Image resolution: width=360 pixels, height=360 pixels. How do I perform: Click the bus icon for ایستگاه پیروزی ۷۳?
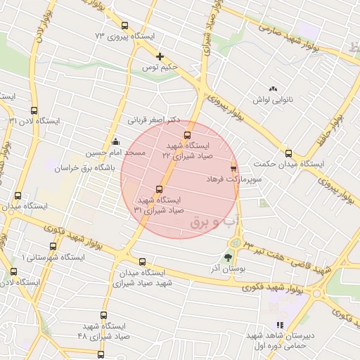click(x=125, y=25)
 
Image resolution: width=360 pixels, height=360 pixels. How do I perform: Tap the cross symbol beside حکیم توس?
click(x=160, y=56)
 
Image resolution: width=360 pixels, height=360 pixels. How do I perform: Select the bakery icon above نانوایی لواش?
click(x=273, y=89)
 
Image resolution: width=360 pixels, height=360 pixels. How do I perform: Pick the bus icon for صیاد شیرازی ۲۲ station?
click(x=187, y=134)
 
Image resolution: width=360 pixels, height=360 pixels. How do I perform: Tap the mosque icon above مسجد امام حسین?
click(x=115, y=141)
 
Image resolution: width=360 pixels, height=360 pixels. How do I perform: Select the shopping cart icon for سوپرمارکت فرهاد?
click(x=233, y=169)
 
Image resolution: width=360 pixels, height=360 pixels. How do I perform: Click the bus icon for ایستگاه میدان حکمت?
click(x=288, y=153)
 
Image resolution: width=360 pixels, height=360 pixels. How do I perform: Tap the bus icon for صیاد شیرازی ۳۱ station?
click(x=159, y=189)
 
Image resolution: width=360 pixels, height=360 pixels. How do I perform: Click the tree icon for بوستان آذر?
click(x=228, y=257)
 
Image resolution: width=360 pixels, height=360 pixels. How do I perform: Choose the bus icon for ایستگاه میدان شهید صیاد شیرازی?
click(x=143, y=262)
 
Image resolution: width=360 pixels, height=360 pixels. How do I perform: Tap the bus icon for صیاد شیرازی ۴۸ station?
click(x=104, y=316)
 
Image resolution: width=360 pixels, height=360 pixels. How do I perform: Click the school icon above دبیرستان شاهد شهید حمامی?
click(x=280, y=325)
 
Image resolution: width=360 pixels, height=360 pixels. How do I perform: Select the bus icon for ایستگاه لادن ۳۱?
click(x=34, y=110)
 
